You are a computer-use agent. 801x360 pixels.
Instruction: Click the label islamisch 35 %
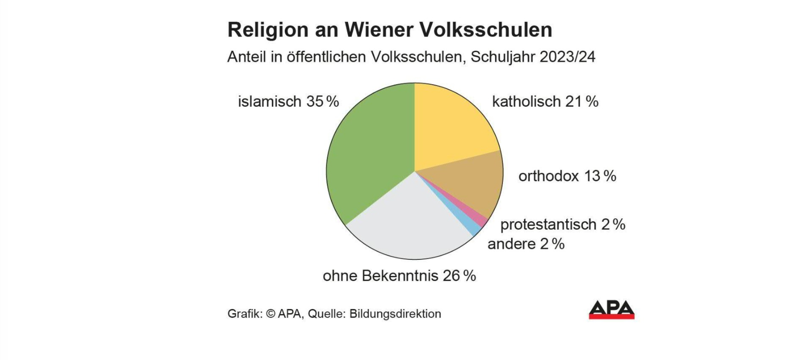pos(288,102)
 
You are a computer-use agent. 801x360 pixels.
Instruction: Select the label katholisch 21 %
pos(545,102)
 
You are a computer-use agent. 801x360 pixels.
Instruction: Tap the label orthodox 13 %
pos(567,176)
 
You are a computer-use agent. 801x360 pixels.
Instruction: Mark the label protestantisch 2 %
pos(562,224)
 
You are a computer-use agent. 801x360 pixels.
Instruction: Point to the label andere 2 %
pos(526,244)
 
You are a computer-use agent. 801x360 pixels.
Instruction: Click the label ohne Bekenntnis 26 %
pos(399,276)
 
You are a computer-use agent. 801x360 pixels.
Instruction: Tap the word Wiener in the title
pos(378,30)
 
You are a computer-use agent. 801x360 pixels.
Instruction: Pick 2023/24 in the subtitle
pos(567,57)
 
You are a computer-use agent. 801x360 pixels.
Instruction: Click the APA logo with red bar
pos(611,310)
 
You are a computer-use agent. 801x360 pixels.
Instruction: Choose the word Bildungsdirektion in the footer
pos(395,314)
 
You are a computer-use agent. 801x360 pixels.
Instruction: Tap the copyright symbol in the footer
pos(270,314)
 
